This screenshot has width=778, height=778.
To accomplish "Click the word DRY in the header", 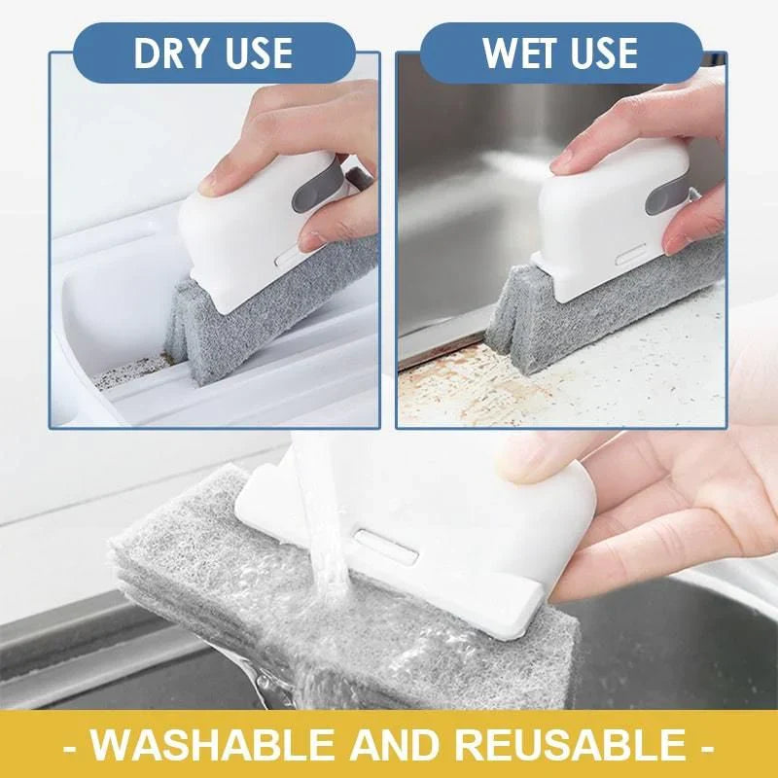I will [x=172, y=53].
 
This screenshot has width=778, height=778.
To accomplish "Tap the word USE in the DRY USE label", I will [x=255, y=53].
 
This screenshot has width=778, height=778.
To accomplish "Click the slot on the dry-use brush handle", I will [x=288, y=258].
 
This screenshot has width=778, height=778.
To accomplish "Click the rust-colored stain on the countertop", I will [x=457, y=384].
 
